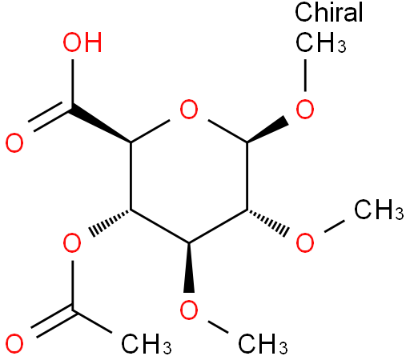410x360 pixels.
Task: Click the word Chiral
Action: click(328, 13)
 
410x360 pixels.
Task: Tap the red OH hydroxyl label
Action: click(82, 42)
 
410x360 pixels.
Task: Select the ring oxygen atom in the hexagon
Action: click(189, 110)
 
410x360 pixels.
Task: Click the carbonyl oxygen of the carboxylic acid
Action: click(14, 143)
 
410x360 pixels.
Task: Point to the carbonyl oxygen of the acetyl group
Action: click(14, 343)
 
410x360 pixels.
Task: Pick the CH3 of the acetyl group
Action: click(147, 344)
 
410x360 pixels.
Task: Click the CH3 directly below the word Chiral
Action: click(320, 42)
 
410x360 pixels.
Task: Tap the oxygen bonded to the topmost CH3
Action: click(305, 110)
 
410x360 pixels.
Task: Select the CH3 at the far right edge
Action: click(379, 210)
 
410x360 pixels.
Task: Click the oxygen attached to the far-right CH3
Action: click(305, 242)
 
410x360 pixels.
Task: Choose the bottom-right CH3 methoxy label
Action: click(263, 344)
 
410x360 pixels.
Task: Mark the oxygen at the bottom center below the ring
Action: click(189, 310)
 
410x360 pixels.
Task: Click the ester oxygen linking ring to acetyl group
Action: click(72, 242)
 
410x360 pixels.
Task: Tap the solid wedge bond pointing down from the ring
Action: click(189, 267)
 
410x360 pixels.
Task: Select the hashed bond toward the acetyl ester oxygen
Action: click(110, 223)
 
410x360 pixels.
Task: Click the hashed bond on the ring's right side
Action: click(267, 223)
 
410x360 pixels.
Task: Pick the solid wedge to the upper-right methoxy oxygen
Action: click(267, 129)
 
